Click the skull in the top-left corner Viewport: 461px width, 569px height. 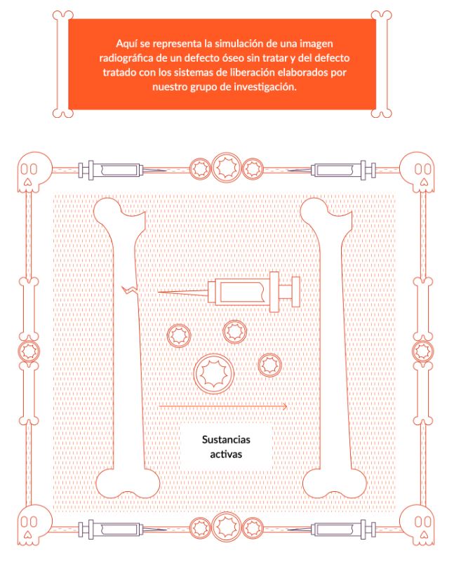point(34,172)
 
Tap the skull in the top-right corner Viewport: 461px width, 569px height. point(417,172)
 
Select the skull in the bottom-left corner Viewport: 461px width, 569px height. point(34,524)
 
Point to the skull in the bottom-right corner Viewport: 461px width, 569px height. point(417,524)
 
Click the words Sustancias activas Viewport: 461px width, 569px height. point(226,447)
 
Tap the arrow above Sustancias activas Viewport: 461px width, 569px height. point(223,406)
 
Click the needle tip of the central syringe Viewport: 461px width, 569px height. point(159,291)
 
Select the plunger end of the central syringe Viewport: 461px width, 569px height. point(296,291)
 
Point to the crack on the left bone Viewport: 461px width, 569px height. point(129,289)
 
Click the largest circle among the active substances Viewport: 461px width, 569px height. point(214,373)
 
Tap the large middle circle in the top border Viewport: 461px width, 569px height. point(226,167)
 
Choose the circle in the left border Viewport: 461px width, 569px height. point(29,351)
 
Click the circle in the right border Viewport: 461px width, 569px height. point(423,351)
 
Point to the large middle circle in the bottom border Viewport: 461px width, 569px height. point(226,527)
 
